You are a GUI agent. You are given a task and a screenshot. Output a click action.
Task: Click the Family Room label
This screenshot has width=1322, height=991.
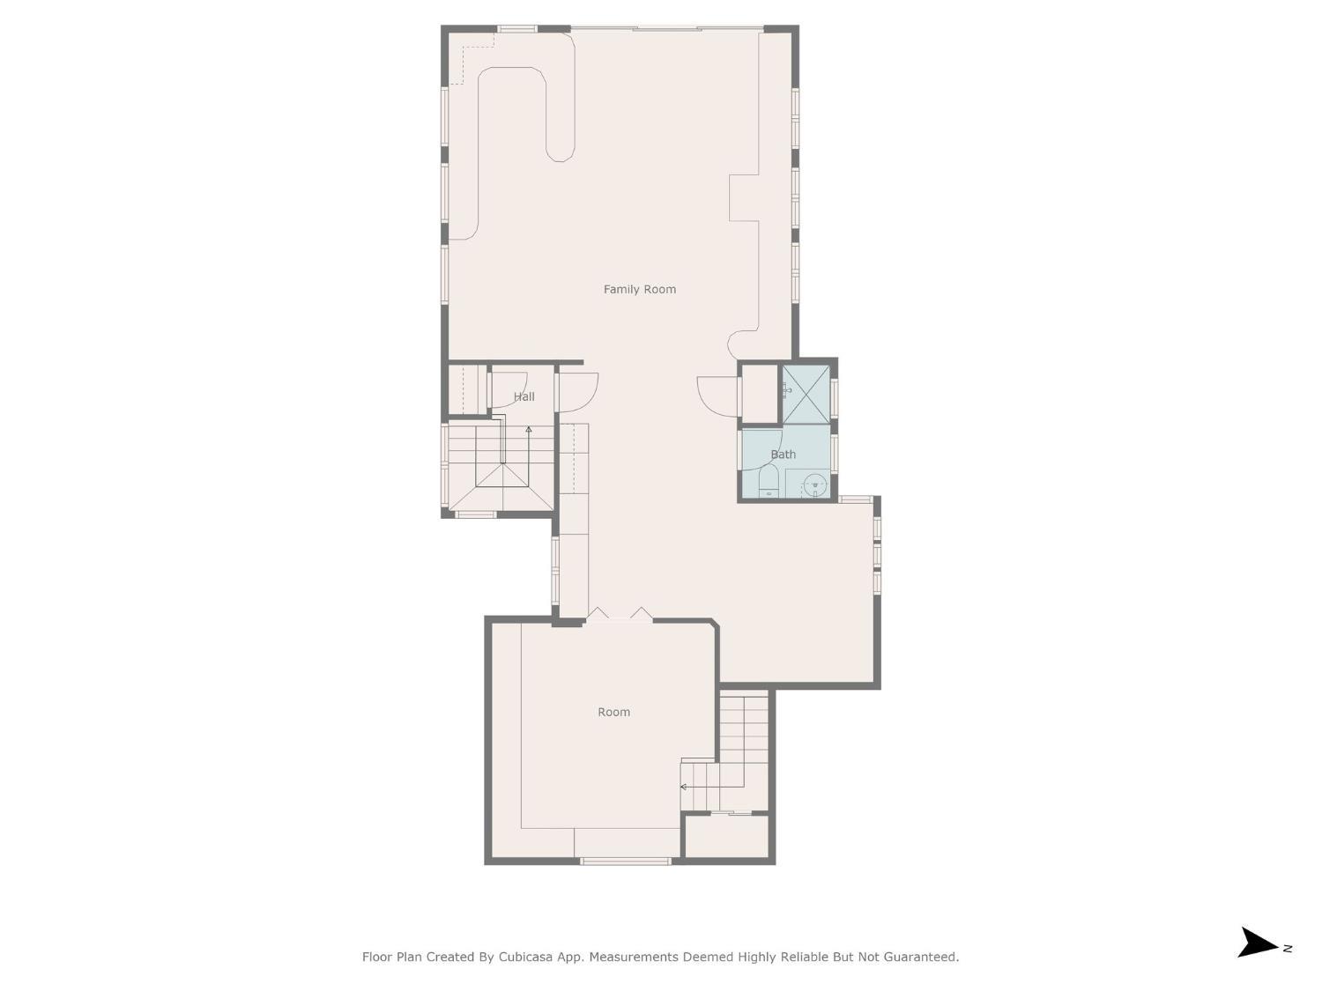(x=639, y=289)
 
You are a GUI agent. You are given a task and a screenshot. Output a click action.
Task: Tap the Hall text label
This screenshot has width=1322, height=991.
(x=524, y=396)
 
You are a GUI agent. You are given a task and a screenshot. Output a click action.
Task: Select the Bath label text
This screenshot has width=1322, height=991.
(x=783, y=455)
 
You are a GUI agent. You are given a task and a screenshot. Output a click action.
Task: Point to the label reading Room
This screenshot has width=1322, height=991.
(x=613, y=712)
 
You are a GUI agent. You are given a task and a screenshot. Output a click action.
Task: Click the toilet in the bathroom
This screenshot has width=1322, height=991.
(x=769, y=484)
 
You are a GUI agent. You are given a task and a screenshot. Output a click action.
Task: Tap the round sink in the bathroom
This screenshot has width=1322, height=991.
(x=816, y=484)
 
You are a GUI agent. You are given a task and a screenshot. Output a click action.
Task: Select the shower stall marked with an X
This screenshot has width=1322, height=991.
(x=806, y=394)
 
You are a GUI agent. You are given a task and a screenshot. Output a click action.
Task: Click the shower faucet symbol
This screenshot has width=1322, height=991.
(x=786, y=391)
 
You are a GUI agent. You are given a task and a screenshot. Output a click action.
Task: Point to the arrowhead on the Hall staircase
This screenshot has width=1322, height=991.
(x=529, y=430)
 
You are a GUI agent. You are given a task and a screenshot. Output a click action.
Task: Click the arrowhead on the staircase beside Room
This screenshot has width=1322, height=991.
(x=684, y=787)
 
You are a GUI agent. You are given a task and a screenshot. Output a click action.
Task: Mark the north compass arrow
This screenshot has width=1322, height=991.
(x=1257, y=943)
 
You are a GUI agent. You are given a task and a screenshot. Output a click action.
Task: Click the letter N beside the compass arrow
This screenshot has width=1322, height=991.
(x=1288, y=949)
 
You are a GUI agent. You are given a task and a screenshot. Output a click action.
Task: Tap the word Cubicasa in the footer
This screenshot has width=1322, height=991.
(x=527, y=957)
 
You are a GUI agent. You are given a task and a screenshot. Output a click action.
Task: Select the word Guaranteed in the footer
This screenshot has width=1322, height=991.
(x=920, y=957)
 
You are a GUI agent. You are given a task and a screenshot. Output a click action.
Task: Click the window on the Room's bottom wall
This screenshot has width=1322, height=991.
(x=626, y=861)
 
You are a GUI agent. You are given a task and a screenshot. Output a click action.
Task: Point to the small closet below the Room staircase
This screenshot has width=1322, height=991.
(x=727, y=836)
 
